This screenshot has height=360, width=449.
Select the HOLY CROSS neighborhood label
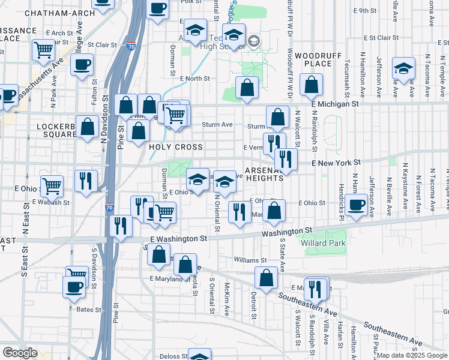[176, 147]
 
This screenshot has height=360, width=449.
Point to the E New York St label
[336, 163]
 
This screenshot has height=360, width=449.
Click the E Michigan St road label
[335, 104]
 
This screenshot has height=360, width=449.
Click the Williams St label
[250, 260]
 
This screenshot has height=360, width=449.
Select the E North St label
[194, 79]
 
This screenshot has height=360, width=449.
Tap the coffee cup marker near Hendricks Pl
[356, 205]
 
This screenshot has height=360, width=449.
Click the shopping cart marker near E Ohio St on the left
[52, 186]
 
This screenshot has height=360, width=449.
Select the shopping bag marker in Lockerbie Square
[88, 127]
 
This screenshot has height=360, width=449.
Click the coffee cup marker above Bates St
[74, 286]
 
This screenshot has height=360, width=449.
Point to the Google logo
[20, 353]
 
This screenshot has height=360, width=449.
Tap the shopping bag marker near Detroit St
[266, 278]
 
